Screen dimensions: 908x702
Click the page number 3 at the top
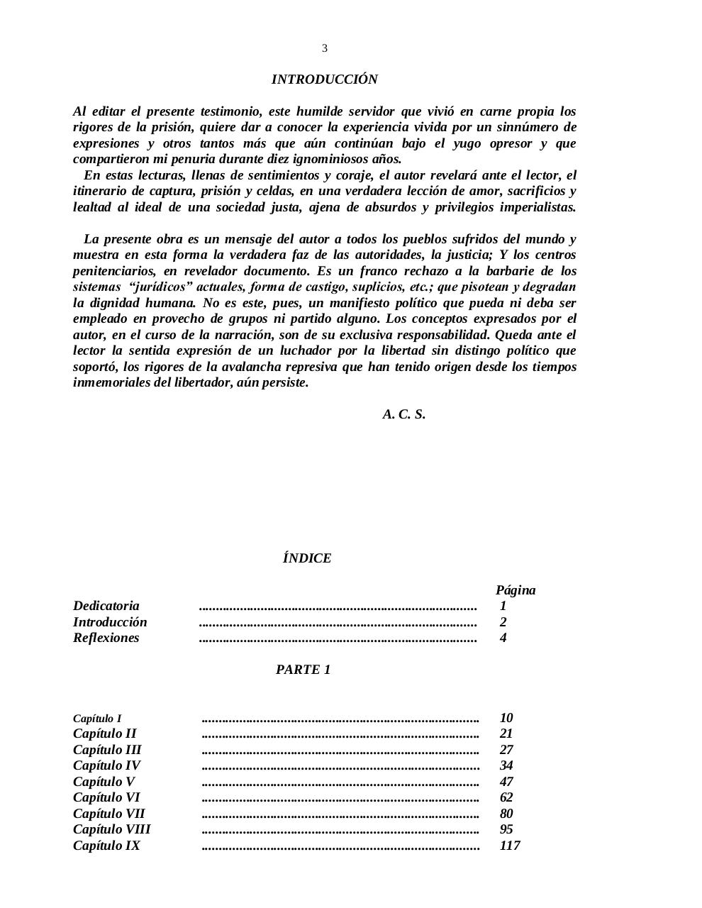[325, 48]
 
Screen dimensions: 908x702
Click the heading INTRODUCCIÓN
[324, 79]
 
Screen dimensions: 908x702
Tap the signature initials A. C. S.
[403, 414]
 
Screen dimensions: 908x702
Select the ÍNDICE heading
[306, 558]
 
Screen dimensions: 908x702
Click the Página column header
[516, 590]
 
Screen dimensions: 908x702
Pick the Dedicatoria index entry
[106, 606]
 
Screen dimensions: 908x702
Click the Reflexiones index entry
[106, 638]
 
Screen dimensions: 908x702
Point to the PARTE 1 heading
[303, 670]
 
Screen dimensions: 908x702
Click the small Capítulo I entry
[97, 719]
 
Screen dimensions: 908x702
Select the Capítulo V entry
[104, 782]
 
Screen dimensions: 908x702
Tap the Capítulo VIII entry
[112, 829]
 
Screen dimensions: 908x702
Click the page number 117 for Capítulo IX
[510, 846]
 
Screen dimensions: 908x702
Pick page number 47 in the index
[506, 782]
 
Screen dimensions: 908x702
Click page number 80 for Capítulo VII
[506, 814]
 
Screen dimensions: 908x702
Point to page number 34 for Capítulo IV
[506, 765]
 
